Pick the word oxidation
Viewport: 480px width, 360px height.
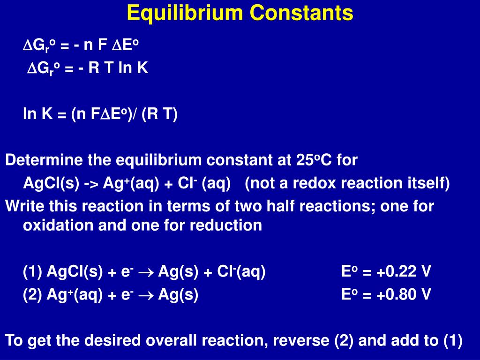[58, 225]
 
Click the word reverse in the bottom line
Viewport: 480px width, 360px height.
[302, 340]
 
